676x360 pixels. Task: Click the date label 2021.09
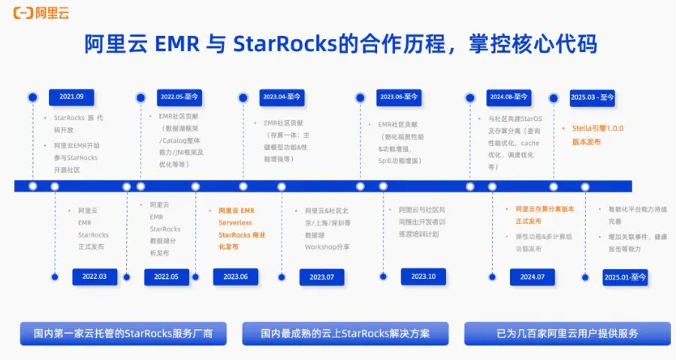click(71, 97)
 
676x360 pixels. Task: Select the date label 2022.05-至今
click(178, 97)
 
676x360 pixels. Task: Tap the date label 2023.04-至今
click(282, 97)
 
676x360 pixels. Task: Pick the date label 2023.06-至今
click(399, 97)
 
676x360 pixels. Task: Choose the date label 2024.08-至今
click(509, 97)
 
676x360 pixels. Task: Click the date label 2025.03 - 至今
click(592, 97)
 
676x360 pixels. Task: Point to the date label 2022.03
click(94, 277)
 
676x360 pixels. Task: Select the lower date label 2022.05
click(166, 277)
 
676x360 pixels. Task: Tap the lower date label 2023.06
click(236, 277)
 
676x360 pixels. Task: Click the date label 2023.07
click(321, 277)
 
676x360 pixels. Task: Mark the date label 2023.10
click(423, 277)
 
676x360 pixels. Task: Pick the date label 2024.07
click(532, 277)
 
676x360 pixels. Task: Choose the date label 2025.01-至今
click(625, 277)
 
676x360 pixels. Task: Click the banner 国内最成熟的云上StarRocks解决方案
click(345, 333)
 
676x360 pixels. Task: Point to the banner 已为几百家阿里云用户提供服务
click(567, 333)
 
